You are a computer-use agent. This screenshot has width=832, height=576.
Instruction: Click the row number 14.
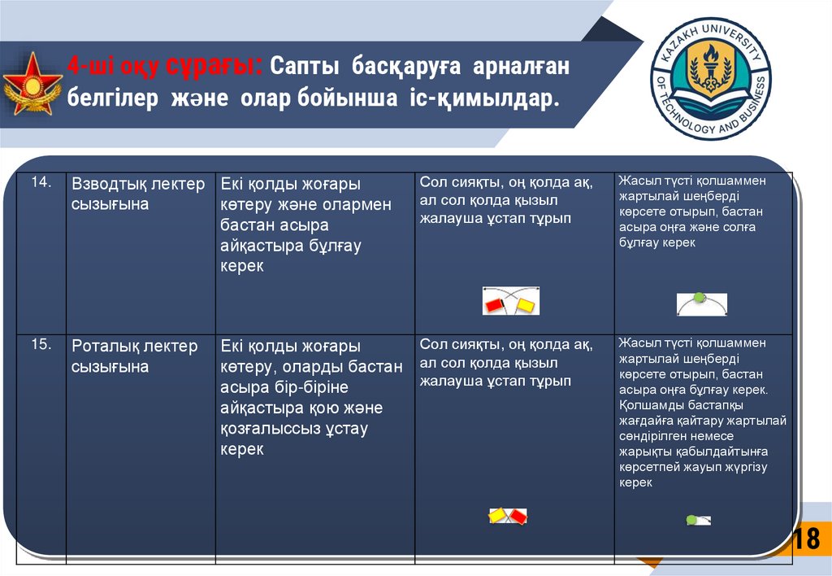coord(41,182)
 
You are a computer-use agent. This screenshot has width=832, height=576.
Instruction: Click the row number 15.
coord(41,345)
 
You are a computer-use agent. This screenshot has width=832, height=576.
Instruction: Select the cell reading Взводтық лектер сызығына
coord(138,194)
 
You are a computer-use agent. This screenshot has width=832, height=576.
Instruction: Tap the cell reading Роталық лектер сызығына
coord(134,356)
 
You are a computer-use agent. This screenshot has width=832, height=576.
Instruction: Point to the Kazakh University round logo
coord(711,79)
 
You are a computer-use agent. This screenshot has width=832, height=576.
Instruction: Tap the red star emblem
coord(32,83)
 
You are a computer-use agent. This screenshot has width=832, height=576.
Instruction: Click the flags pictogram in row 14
coord(511,302)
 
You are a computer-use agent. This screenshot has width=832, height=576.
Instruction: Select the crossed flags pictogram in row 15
coord(508,516)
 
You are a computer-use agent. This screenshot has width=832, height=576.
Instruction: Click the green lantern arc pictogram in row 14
coord(702,303)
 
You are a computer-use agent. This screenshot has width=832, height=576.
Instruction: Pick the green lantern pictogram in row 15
coord(697,519)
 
